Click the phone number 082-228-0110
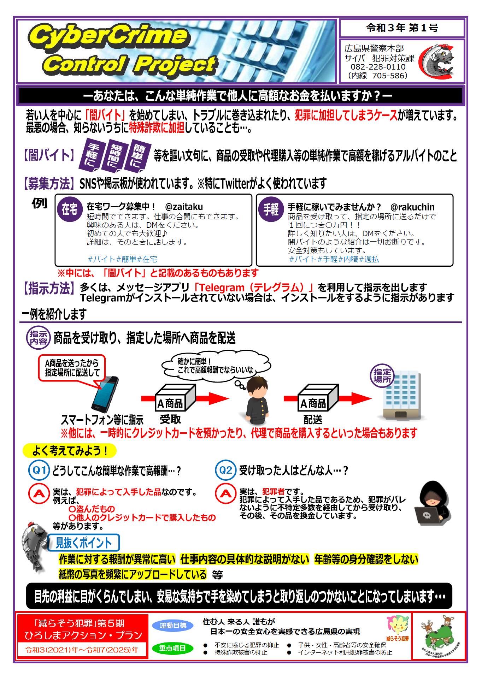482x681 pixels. [378, 67]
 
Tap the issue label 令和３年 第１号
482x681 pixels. [402, 28]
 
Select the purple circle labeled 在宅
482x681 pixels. [70, 209]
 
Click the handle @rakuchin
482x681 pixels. [412, 207]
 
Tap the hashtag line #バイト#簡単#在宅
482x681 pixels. [122, 259]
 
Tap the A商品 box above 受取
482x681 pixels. [176, 399]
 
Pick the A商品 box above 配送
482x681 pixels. [318, 399]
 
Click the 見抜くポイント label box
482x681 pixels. [83, 543]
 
